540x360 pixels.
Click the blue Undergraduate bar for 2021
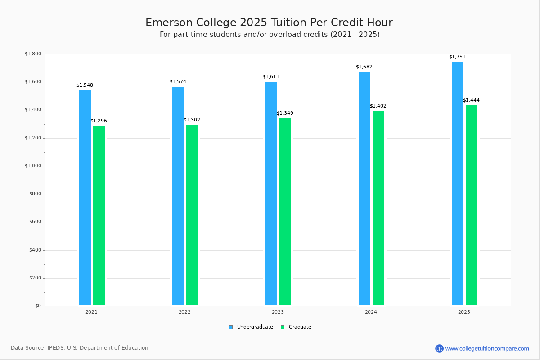pyautogui.click(x=85, y=198)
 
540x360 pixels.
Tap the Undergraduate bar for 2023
pyautogui.click(x=271, y=193)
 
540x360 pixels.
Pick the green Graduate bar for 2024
pyautogui.click(x=378, y=208)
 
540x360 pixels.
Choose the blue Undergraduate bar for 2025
pyautogui.click(x=458, y=184)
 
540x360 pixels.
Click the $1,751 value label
pyautogui.click(x=457, y=57)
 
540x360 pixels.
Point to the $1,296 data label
pyautogui.click(x=99, y=121)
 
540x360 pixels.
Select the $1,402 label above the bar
pyautogui.click(x=378, y=106)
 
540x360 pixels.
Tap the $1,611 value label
pyautogui.click(x=271, y=77)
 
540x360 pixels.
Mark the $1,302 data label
pyautogui.click(x=192, y=120)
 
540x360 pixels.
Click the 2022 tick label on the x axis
pyautogui.click(x=184, y=312)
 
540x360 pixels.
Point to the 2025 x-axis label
pyautogui.click(x=464, y=312)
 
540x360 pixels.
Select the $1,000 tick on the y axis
pyautogui.click(x=33, y=166)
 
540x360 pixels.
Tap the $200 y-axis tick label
pyautogui.click(x=35, y=278)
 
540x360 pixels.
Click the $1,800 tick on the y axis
pyautogui.click(x=33, y=54)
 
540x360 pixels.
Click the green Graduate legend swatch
pyautogui.click(x=283, y=327)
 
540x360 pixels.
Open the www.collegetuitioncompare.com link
pyautogui.click(x=487, y=348)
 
